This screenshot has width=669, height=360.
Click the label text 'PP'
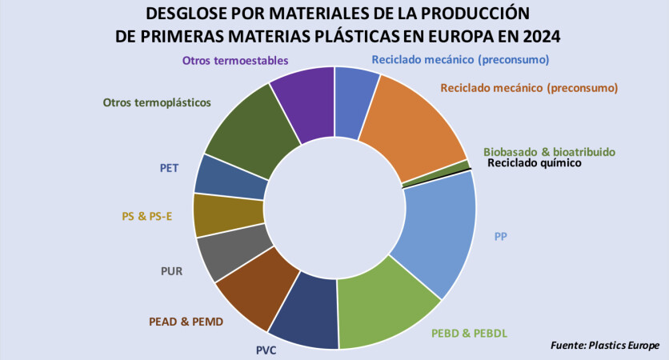tap(501, 236)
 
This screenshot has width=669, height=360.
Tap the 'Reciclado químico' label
tap(534, 163)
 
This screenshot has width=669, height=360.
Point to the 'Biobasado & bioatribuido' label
tap(550, 151)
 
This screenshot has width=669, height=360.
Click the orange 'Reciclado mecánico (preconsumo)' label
tap(529, 88)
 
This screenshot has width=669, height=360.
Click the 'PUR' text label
tap(171, 270)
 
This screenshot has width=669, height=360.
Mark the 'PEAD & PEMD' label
tap(186, 322)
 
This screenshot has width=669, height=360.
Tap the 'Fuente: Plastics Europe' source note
tap(605, 345)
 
